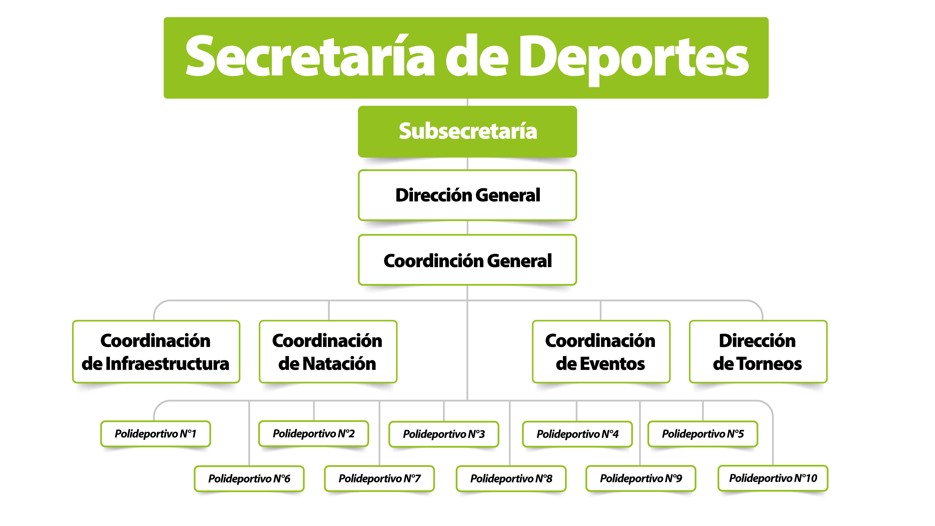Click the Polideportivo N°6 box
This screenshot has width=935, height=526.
pos(249,478)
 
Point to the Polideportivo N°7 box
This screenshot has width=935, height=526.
pos(380,478)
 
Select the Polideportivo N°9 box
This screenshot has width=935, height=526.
pos(641,478)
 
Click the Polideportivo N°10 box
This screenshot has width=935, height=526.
pos(773,478)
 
